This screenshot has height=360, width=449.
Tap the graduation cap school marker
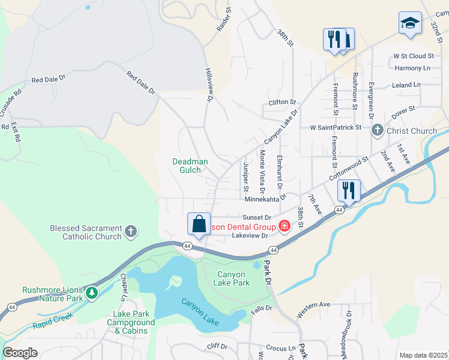(410, 23)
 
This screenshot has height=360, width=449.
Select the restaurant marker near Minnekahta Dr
(349, 190)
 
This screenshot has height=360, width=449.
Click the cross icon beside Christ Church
(378, 131)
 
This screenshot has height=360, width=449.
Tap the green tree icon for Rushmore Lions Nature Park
(91, 293)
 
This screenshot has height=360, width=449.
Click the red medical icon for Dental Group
(283, 227)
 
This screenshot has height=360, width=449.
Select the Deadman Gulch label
(190, 166)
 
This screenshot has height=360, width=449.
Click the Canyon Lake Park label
(232, 278)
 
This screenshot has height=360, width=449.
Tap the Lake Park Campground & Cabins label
(126, 322)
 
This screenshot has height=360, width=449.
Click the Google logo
(20, 353)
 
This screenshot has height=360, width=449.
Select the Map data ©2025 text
(423, 355)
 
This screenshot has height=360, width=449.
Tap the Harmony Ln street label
(412, 68)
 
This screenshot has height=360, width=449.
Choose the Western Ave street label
(313, 310)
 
